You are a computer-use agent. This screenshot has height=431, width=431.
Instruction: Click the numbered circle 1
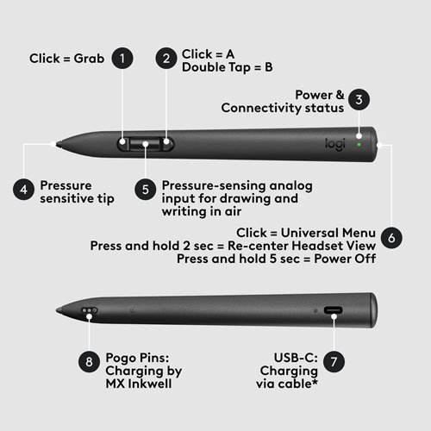pyautogui.click(x=124, y=59)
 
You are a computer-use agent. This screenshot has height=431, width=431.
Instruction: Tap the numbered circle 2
pyautogui.click(x=166, y=59)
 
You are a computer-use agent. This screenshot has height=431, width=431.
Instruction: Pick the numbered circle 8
pyautogui.click(x=87, y=361)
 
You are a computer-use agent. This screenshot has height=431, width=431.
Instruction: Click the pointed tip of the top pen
pyautogui.click(x=55, y=144)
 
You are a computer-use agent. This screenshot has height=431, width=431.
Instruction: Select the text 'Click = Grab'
pyautogui.click(x=66, y=59)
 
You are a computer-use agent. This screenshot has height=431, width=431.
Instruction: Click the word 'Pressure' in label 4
pyautogui.click(x=66, y=184)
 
